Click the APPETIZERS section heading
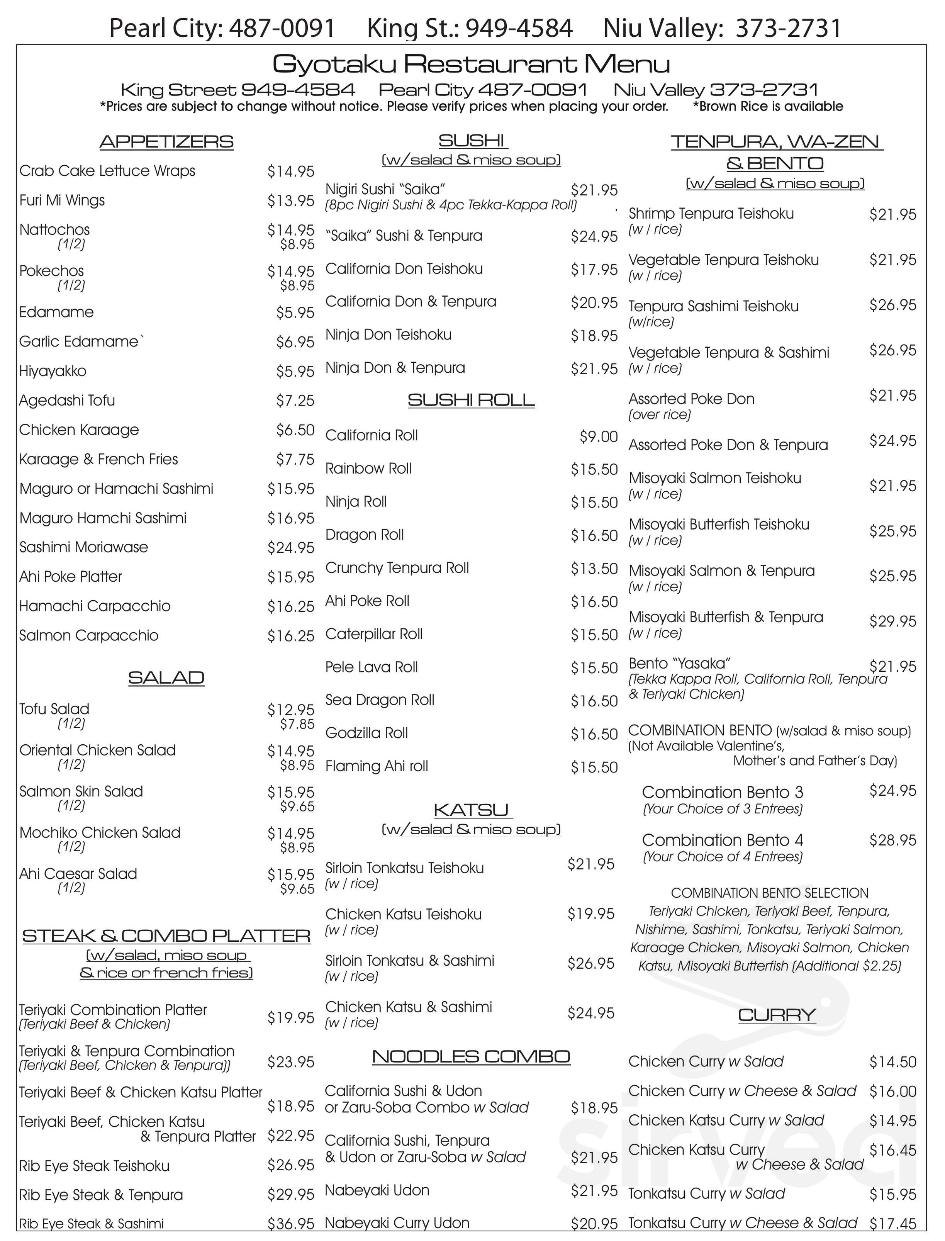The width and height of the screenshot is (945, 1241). tap(166, 142)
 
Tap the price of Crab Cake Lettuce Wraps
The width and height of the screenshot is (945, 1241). tap(290, 171)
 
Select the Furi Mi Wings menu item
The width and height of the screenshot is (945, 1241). tap(62, 201)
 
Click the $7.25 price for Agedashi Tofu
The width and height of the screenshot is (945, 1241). tap(295, 401)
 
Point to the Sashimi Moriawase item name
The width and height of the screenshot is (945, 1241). tap(84, 547)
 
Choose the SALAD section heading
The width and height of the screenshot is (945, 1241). tap(166, 678)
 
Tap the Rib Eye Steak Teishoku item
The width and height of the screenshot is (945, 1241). tap(86, 1166)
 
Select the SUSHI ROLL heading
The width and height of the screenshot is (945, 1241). tap(471, 401)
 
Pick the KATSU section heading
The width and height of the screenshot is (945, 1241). tap(471, 810)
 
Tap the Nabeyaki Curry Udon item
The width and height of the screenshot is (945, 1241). tap(397, 1222)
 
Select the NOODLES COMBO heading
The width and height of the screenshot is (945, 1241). tap(471, 1056)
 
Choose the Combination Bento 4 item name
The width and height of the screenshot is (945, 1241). tap(722, 840)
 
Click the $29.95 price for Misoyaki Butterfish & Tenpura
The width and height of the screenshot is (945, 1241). tap(893, 621)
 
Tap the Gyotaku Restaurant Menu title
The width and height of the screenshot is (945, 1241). tap(471, 64)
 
